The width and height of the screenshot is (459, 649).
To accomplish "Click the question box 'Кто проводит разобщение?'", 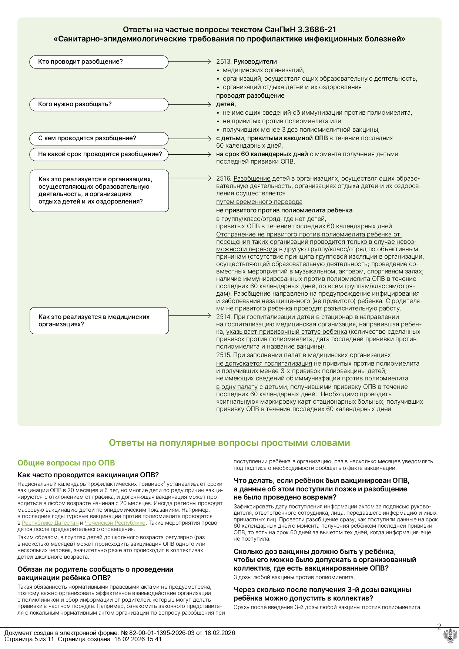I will [x=99, y=62].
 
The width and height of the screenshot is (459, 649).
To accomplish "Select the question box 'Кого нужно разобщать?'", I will [x=99, y=104].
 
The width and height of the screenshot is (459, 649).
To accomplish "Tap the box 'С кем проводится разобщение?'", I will [x=99, y=138].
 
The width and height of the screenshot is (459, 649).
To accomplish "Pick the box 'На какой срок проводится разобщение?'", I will [x=99, y=154].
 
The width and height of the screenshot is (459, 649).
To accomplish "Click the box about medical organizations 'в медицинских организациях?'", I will [x=99, y=320].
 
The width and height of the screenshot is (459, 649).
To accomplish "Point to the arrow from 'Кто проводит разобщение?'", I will [x=189, y=62].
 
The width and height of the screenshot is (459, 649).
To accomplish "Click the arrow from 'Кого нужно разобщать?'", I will [x=189, y=104].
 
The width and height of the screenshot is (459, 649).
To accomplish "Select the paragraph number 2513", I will [x=224, y=62].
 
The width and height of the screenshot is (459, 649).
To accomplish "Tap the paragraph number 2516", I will [x=224, y=178].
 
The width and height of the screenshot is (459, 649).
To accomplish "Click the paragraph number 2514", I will [x=224, y=317].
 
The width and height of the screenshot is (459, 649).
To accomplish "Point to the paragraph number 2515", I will [x=224, y=355].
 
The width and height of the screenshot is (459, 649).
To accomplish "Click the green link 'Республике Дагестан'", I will [x=50, y=523].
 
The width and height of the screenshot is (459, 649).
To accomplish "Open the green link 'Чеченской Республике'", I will [x=115, y=523].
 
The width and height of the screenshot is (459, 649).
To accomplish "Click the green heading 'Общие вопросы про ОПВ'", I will [x=66, y=463].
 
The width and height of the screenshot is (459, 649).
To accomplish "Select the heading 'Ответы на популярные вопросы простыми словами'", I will [x=229, y=443].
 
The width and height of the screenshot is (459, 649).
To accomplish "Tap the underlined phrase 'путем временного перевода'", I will [x=259, y=202].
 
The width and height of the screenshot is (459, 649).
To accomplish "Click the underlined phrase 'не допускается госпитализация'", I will [x=264, y=363].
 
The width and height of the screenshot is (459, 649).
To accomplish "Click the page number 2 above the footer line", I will [x=439, y=627].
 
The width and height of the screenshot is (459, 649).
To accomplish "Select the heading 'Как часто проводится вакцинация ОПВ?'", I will [x=88, y=475].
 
